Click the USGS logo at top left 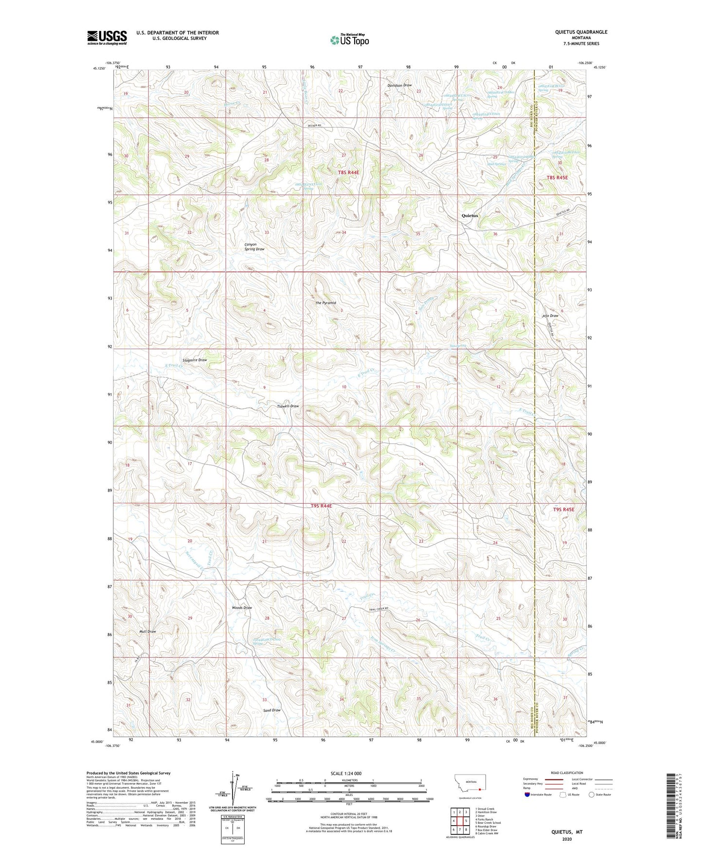click(107, 37)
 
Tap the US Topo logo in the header click(349, 40)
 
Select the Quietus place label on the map click(470, 215)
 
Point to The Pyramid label click(325, 303)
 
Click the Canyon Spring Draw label click(254, 247)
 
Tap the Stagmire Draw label click(194, 360)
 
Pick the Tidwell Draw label click(288, 406)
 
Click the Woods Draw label click(242, 608)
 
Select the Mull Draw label click(147, 632)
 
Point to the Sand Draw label click(272, 710)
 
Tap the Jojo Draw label click(550, 316)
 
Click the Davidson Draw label click(399, 85)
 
